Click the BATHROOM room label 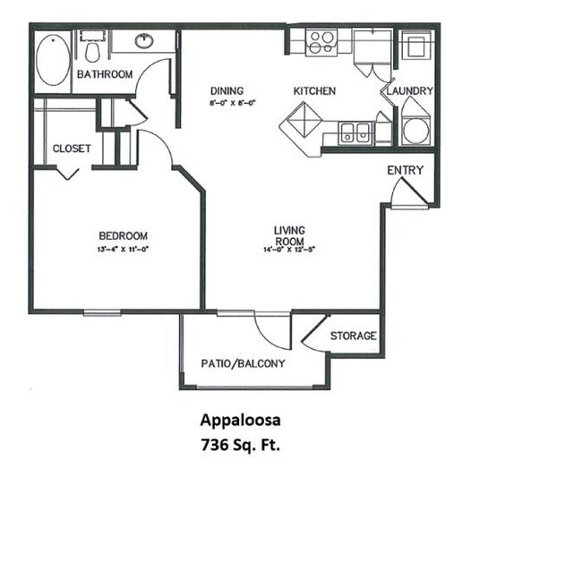click(104, 74)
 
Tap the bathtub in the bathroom click(53, 60)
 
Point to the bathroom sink click(145, 41)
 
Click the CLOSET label click(72, 149)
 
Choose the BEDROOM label click(123, 236)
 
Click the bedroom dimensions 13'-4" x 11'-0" click(123, 249)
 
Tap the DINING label click(227, 91)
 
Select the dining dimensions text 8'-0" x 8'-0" click(227, 103)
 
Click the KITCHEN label click(314, 91)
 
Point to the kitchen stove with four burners click(321, 41)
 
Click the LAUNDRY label click(411, 91)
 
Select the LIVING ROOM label click(289, 236)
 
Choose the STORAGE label click(353, 336)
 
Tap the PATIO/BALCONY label click(243, 363)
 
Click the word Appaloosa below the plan click(240, 419)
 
